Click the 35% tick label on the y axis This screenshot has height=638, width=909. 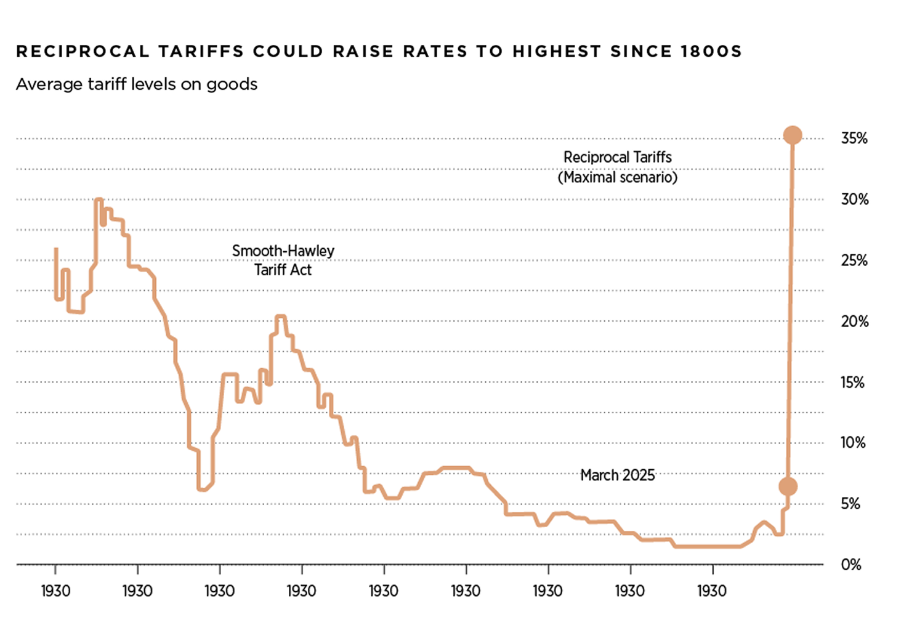[x=854, y=138]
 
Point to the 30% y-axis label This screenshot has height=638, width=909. [x=854, y=199]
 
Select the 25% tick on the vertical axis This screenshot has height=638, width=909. [x=854, y=260]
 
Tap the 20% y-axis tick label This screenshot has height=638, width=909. [x=854, y=321]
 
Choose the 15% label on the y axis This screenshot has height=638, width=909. [x=853, y=382]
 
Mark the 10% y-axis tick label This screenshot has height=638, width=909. [x=853, y=442]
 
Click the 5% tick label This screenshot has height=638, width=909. [x=850, y=503]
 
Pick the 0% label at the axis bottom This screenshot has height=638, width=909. [x=850, y=564]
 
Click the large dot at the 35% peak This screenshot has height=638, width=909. [x=793, y=135]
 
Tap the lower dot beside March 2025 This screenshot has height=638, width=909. [x=788, y=487]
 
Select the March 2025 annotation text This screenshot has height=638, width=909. [x=618, y=475]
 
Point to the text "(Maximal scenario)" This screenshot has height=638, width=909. [x=618, y=177]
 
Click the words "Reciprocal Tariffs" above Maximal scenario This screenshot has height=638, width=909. [x=618, y=157]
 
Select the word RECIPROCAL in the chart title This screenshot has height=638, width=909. [x=83, y=51]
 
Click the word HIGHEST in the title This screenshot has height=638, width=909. [x=557, y=51]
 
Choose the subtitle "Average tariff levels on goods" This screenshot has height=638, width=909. [x=137, y=84]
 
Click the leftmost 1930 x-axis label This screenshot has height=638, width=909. [x=55, y=591]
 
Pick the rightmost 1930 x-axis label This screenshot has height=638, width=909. [x=712, y=591]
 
